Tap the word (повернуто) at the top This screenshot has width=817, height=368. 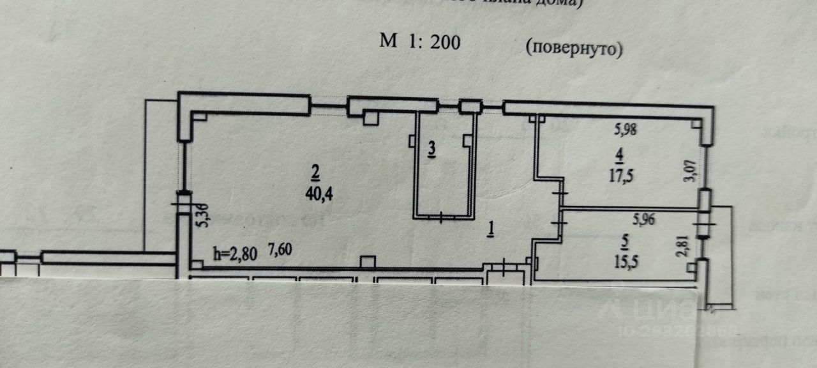(x=574, y=48)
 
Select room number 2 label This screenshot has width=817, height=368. (x=315, y=171)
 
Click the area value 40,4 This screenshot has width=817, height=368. (x=320, y=194)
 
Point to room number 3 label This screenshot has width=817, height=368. (x=431, y=149)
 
